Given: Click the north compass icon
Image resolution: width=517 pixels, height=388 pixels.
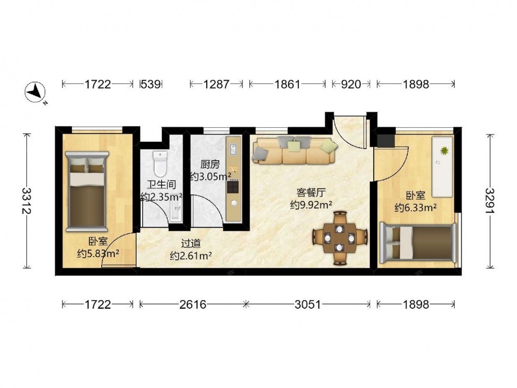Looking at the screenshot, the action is pyautogui.click(x=35, y=92).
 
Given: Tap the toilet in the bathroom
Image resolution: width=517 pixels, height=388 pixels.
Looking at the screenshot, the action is pyautogui.click(x=161, y=163).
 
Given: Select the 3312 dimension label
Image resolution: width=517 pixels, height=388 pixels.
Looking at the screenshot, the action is pyautogui.click(x=27, y=201).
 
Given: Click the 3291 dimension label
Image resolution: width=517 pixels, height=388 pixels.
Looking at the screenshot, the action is pyautogui.click(x=491, y=201).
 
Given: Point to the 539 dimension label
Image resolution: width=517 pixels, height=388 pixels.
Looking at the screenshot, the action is pyautogui.click(x=150, y=84).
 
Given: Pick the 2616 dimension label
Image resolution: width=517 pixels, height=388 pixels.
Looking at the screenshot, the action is pyautogui.click(x=193, y=304).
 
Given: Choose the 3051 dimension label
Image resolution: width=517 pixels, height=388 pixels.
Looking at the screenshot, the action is pyautogui.click(x=308, y=304).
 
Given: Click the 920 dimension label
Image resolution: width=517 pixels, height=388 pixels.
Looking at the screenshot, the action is pyautogui.click(x=351, y=84).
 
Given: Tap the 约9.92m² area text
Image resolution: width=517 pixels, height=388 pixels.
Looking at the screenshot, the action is pyautogui.click(x=311, y=205).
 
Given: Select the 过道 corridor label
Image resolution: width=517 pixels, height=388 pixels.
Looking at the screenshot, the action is pyautogui.click(x=191, y=244).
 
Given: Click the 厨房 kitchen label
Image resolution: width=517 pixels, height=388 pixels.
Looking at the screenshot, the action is pyautogui.click(x=210, y=165).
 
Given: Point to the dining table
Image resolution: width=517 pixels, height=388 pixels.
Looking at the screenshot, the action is pyautogui.click(x=340, y=238).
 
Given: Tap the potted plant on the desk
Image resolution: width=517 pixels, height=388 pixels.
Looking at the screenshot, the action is pyautogui.click(x=445, y=151).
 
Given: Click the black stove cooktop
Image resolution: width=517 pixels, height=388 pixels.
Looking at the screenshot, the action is pyautogui.click(x=233, y=187).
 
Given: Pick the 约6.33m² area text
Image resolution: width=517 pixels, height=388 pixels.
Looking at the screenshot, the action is pyautogui.click(x=416, y=207).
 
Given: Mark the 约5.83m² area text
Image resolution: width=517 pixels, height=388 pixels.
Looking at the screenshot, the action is pyautogui.click(x=98, y=253).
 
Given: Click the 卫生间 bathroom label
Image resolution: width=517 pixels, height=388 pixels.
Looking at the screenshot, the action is pyautogui.click(x=161, y=185).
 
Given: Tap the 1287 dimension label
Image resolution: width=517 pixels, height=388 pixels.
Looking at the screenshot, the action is pyautogui.click(x=216, y=84).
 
